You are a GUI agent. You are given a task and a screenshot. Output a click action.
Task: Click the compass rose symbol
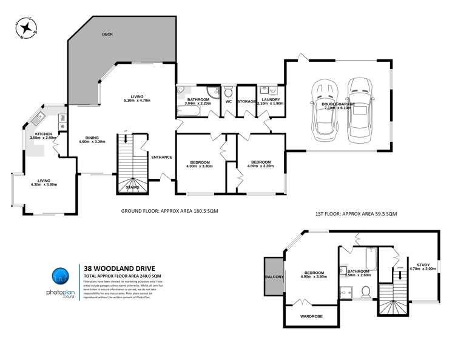tap(25, 28)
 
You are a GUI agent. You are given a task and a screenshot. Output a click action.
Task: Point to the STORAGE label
tap(246, 101)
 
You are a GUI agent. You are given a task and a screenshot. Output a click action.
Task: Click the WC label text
tap(229, 101)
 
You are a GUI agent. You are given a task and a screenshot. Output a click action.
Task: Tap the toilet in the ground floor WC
tap(228, 92)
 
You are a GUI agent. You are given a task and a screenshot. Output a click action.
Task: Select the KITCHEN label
tap(43, 133)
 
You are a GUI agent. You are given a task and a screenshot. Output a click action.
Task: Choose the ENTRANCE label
tap(161, 157)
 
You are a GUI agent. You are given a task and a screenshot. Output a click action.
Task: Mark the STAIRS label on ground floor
tap(132, 187)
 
